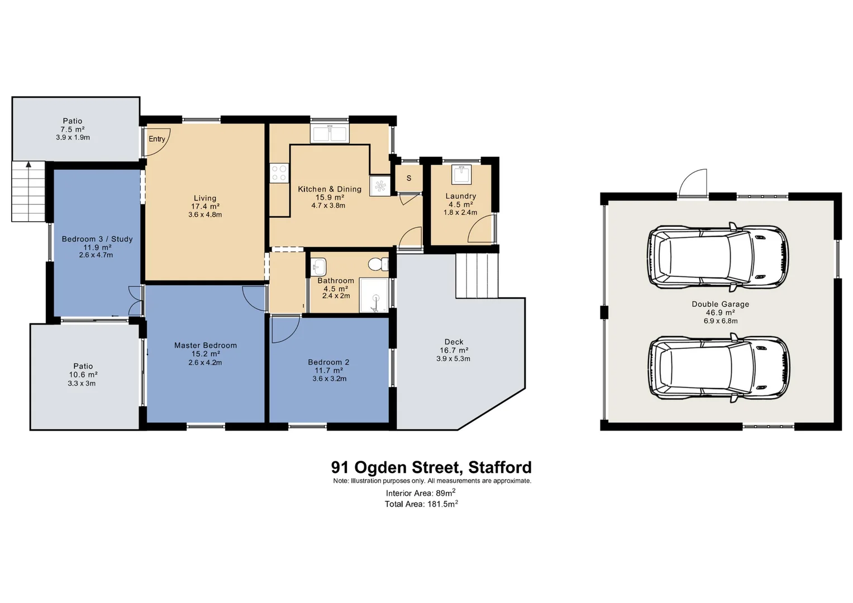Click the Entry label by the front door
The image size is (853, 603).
pos(157,139)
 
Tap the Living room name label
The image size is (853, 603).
pos(205,198)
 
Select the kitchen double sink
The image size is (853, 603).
pos(330,134)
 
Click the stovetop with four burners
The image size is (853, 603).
pos(279,173)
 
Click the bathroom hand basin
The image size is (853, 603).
pos(318,266)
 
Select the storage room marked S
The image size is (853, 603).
pos(409,178)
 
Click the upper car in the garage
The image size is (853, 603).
pos(718,257)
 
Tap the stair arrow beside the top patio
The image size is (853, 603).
pos(28,164)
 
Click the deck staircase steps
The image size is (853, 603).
pos(476,275)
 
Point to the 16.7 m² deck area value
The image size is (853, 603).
pos(454,351)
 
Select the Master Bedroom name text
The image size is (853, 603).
pos(206,346)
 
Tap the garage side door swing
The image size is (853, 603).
pos(693,183)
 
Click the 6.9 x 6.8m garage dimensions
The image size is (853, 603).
pos(721,321)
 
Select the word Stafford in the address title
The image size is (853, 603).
pos(500,467)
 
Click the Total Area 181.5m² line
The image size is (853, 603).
pos(421,504)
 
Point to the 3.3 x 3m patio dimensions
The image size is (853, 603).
pos(82,384)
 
